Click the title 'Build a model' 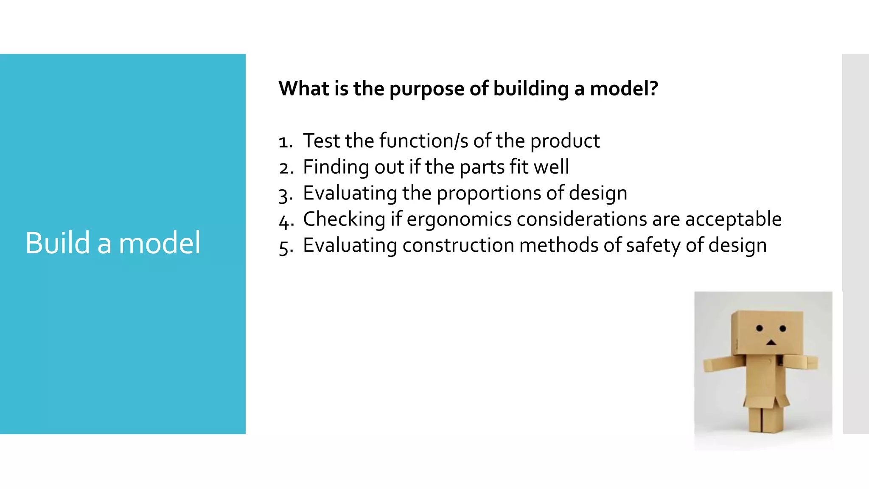tap(113, 243)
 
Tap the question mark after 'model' tap(654, 88)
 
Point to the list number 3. tap(285, 194)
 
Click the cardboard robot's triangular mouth tap(771, 342)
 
